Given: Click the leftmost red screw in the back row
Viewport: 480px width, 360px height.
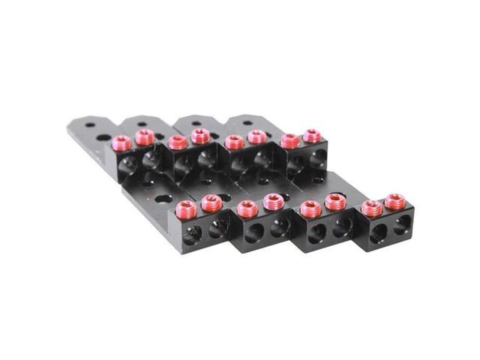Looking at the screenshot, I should click(121, 142).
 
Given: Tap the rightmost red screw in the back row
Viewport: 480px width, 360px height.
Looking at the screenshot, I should click(312, 136).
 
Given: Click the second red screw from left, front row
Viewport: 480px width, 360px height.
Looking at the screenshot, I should click(210, 201).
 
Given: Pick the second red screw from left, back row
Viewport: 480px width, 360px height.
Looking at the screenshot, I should click(144, 137).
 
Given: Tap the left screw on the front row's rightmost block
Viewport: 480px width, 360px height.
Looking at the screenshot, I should click(369, 207).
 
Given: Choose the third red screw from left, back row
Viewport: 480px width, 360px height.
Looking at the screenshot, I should click(177, 142).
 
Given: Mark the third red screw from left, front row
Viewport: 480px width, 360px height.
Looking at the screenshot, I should click(244, 206).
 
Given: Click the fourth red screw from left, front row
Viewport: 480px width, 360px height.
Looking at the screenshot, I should click(271, 201).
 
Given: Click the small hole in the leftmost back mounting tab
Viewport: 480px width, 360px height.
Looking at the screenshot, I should click(89, 125).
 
